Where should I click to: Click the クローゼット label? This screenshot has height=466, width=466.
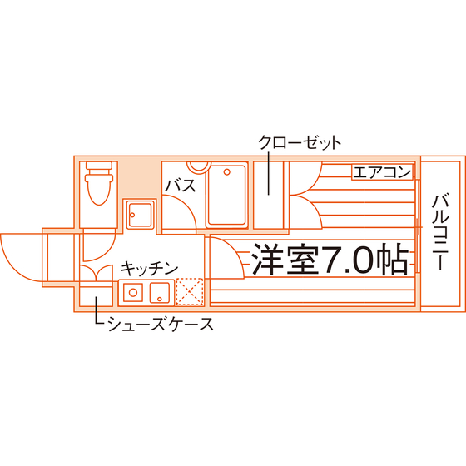300,142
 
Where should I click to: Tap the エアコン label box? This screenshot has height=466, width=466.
382,172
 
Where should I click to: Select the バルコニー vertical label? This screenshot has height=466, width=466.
440,232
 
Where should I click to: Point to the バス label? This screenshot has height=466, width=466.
181,186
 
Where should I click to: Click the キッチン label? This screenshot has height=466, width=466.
149,269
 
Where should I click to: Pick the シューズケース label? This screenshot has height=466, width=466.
161,324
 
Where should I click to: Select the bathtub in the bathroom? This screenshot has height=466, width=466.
227,195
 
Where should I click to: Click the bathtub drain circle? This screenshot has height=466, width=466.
227,171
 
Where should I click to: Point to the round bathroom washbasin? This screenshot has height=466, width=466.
199,166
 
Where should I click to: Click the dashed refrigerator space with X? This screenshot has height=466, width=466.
190,292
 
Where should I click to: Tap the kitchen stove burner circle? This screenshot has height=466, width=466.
133,292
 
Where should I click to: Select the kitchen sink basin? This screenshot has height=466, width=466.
160,292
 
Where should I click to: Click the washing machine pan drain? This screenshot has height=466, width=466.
132,215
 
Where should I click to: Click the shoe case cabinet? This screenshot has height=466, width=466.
96,296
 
